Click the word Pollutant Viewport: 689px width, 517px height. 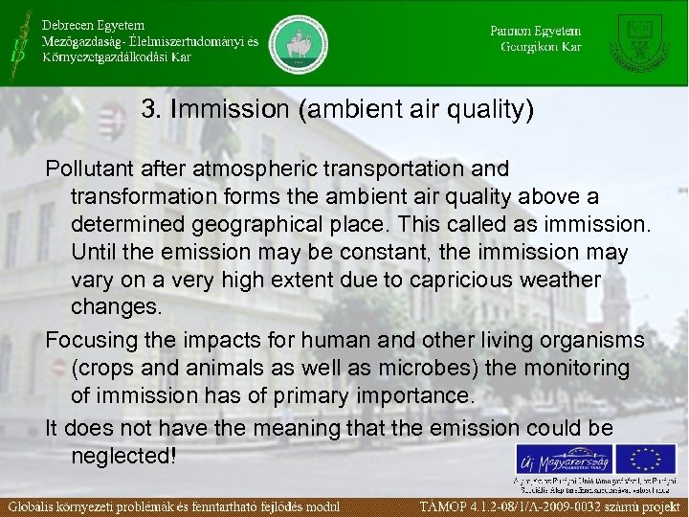point(88,169)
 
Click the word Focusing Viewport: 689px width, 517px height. point(89,341)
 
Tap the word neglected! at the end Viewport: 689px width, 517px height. point(123,456)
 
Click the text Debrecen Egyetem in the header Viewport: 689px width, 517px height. point(94,23)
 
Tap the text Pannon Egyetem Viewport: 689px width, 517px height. point(535,30)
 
